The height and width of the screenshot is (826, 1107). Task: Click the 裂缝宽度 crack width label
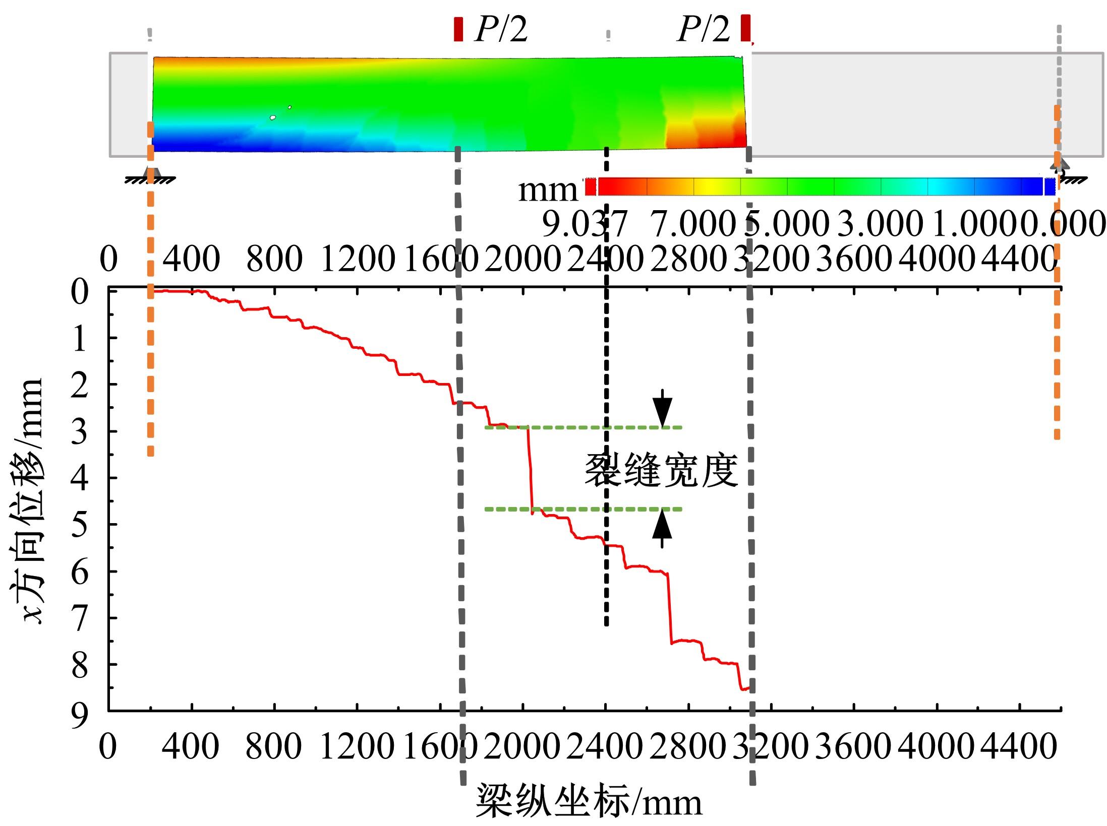pyautogui.click(x=661, y=470)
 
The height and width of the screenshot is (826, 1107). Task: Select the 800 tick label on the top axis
pyautogui.click(x=274, y=259)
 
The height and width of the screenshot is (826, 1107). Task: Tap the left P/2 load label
pyautogui.click(x=501, y=29)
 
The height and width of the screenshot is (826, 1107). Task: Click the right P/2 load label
pyautogui.click(x=703, y=29)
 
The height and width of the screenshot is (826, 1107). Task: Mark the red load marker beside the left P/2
pyautogui.click(x=458, y=29)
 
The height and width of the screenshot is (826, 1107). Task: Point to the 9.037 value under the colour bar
pyautogui.click(x=584, y=224)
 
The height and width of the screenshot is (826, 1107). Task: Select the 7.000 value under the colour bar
pyautogui.click(x=693, y=224)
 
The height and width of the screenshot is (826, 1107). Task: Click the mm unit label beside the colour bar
pyautogui.click(x=548, y=190)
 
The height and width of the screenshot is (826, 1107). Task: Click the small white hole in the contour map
pyautogui.click(x=273, y=117)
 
